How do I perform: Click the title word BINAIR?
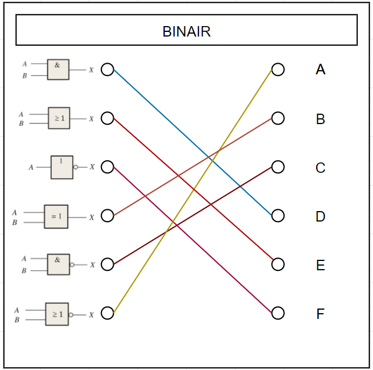coord(186,31)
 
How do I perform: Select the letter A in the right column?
coord(320,70)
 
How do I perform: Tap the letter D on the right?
coord(320,216)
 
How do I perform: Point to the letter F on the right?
coord(320,314)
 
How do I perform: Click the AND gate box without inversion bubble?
coord(58,69)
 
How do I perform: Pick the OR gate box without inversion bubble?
coord(58,118)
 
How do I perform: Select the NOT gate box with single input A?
coord(61,167)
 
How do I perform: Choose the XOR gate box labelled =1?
coord(56,216)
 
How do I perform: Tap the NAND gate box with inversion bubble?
coord(58,264)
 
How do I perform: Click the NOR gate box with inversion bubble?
coord(57,314)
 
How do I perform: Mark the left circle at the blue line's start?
coord(107,70)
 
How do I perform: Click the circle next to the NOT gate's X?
coord(107,167)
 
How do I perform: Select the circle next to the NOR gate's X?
coord(107,313)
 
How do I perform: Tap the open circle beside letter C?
coord(278,167)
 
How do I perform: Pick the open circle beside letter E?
coord(278,264)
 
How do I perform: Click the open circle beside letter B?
coord(278,118)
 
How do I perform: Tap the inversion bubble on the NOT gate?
coord(75,167)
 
